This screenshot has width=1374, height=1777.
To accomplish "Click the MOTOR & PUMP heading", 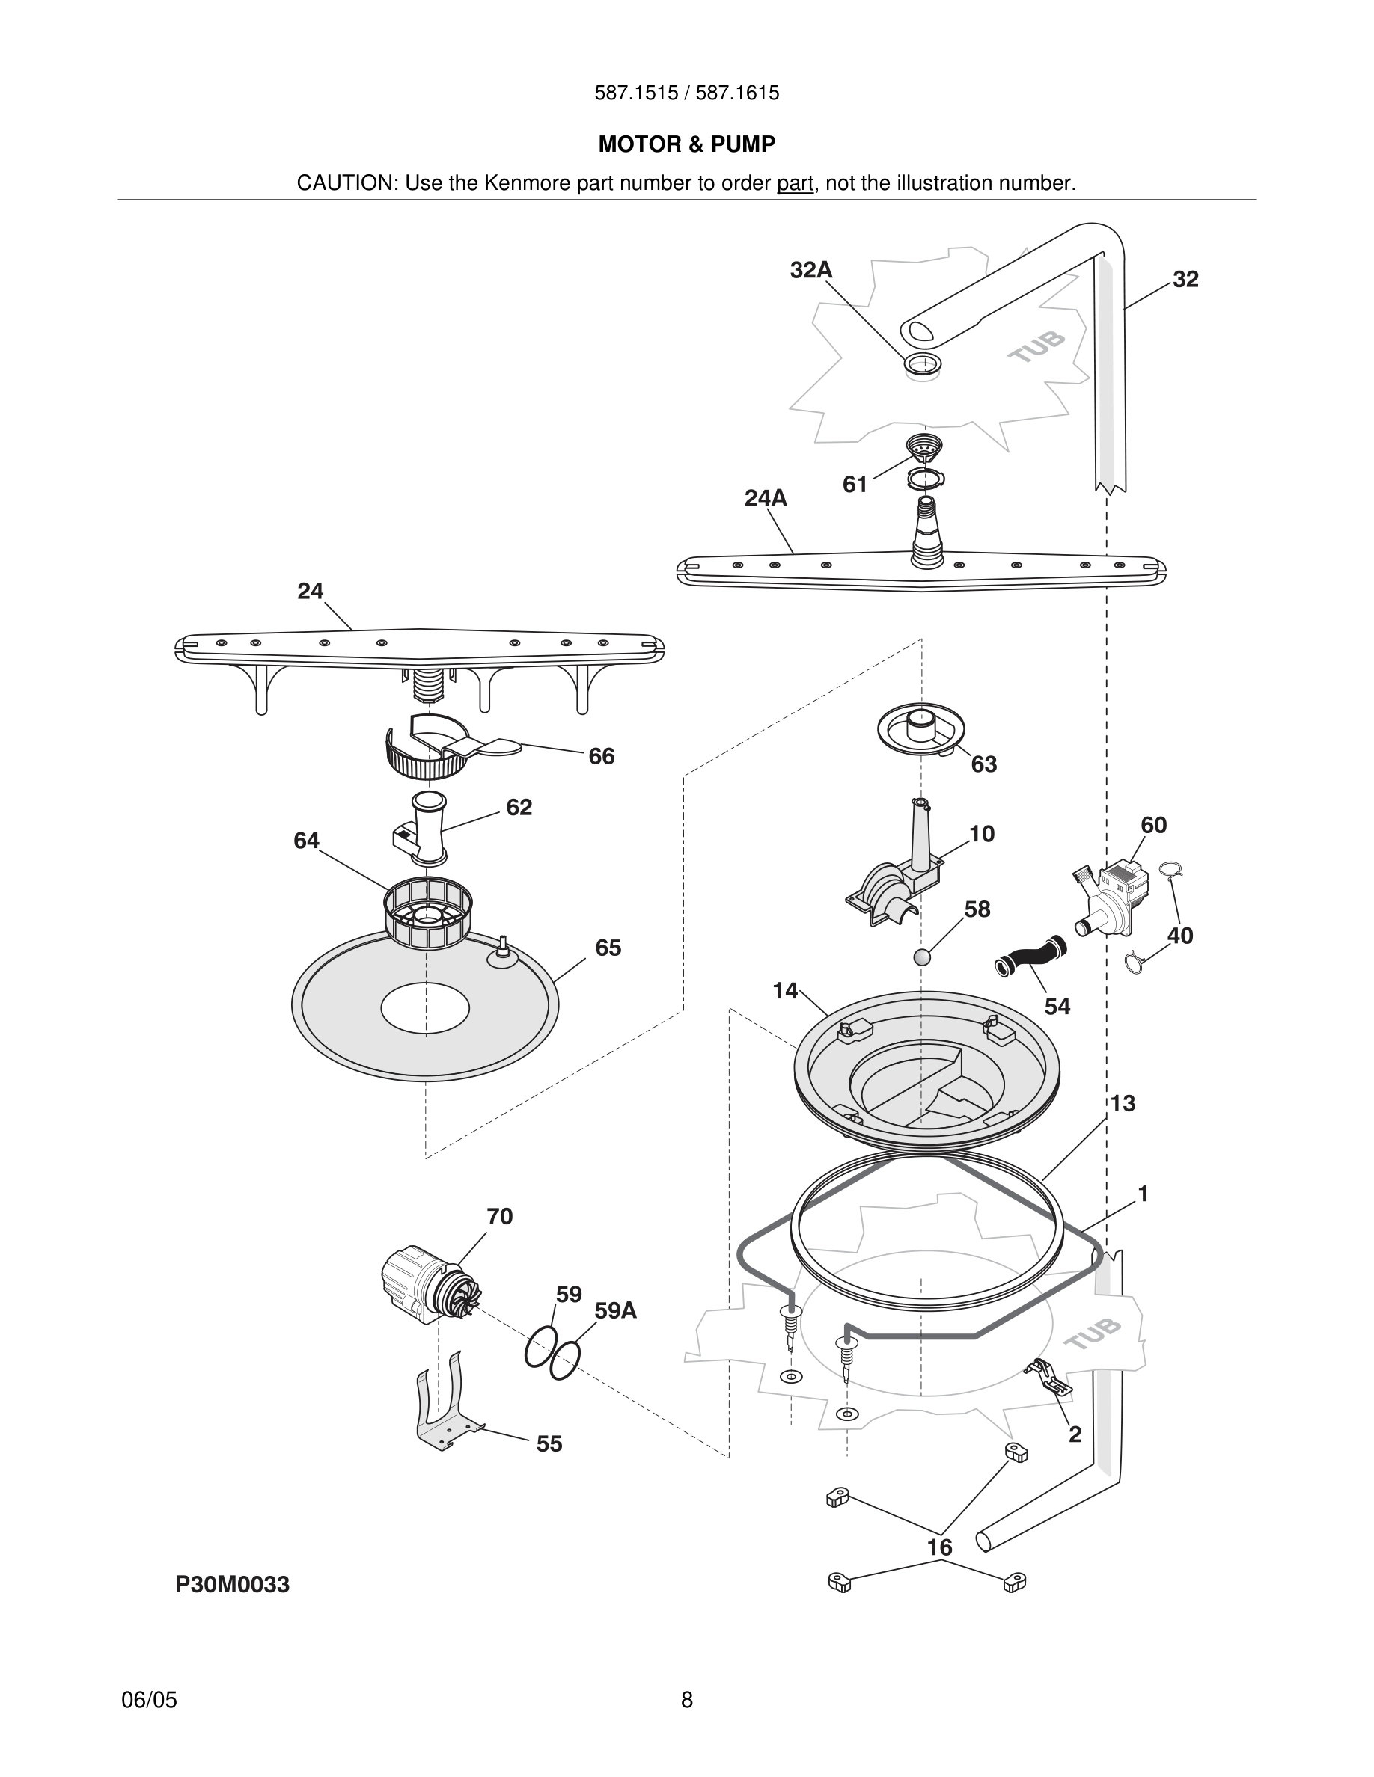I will coord(686,144).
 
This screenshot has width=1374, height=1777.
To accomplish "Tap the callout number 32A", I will coord(810,270).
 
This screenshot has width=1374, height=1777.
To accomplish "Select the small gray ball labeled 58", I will coord(921,957).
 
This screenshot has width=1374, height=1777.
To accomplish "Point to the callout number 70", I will coord(500,1216).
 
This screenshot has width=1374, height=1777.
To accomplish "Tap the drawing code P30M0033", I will coord(233,1584).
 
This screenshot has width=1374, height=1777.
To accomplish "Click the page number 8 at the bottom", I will coord(686,1700).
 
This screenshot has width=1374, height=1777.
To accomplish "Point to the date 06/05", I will coord(149,1700).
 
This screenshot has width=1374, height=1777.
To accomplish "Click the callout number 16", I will coord(939,1547).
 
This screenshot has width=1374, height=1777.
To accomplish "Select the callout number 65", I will coord(608,947).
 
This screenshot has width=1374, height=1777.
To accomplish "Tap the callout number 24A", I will coord(765,498).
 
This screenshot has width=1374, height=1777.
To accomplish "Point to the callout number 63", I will coord(983,764).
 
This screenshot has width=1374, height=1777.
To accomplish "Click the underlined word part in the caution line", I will coord(795,183).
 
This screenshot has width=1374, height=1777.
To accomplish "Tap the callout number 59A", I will coord(615,1310).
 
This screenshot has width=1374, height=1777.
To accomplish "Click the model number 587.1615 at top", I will coord(737,93).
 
